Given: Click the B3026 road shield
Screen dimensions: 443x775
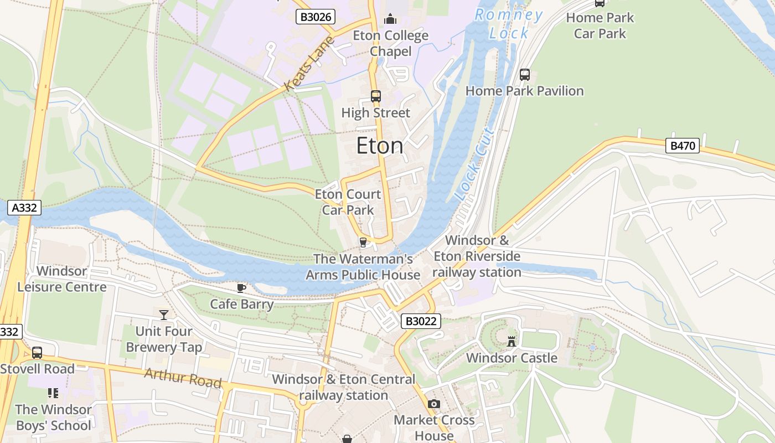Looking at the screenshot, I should [316, 17].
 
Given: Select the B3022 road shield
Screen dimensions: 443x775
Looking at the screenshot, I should [421, 321].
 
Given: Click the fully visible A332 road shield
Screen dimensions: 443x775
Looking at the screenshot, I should [24, 208].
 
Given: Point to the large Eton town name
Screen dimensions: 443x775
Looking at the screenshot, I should [380, 146].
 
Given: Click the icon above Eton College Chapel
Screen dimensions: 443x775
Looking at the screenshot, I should [390, 19].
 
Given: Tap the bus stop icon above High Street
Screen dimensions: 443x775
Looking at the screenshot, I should [376, 96].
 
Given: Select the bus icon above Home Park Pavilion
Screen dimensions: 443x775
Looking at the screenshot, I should [524, 74].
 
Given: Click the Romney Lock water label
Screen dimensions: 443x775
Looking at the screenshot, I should [509, 24].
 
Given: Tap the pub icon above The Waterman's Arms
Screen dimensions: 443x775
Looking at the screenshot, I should [363, 242].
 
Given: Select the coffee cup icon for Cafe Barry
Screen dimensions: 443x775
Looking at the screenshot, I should [241, 288].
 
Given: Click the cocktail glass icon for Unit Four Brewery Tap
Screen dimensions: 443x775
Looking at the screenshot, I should [164, 315].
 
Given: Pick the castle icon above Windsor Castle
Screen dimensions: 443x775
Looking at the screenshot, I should [512, 341].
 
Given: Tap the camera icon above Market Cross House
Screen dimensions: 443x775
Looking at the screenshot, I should [434, 404].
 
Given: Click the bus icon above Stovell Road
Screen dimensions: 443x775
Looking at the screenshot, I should [37, 353].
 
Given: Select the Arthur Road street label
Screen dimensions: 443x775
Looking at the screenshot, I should [183, 378].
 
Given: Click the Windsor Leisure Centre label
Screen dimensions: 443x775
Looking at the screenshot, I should [62, 279].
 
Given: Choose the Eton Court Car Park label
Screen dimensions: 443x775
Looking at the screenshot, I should [348, 202].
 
